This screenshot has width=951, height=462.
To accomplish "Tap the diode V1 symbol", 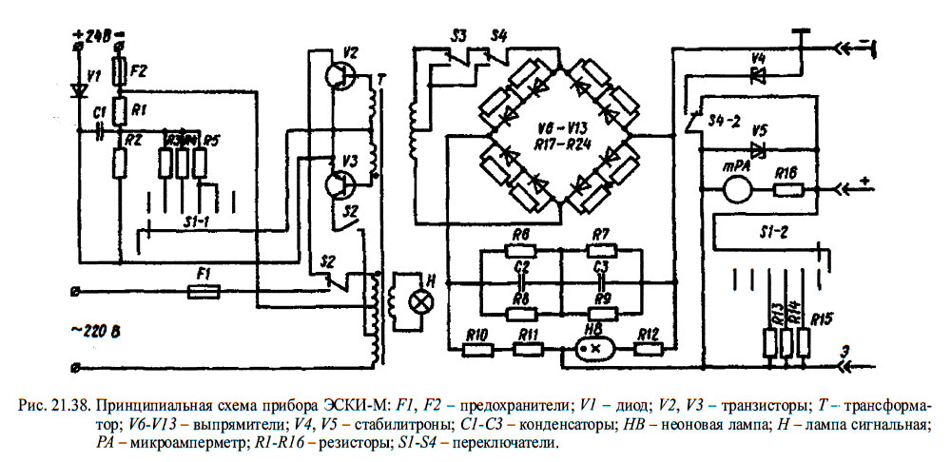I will click(x=81, y=89).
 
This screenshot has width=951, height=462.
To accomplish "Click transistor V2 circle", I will click(x=339, y=78).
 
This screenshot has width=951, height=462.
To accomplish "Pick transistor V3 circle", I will click(x=339, y=186).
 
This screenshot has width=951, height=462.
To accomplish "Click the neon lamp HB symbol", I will click(x=596, y=349).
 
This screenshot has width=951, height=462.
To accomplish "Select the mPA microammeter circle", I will click(x=738, y=187).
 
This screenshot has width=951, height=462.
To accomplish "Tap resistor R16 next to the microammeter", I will click(x=786, y=188).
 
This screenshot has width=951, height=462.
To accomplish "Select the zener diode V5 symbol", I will click(x=758, y=149).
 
